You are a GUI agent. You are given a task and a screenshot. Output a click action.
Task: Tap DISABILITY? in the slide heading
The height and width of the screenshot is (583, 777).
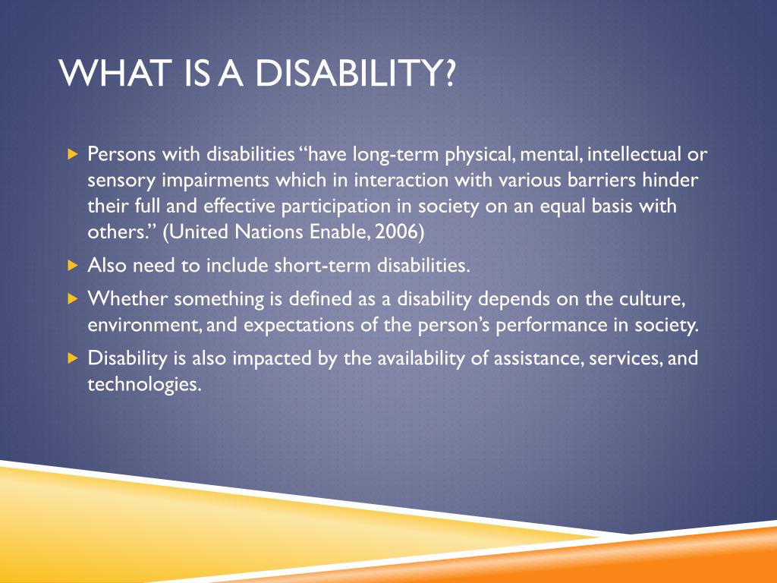point(355,73)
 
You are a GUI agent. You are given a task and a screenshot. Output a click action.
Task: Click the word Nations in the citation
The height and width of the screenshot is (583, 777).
point(269,232)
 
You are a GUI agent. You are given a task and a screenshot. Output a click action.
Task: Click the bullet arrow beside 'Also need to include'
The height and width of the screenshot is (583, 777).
point(74,266)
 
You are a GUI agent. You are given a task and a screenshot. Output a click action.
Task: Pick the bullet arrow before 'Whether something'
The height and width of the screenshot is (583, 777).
point(74,299)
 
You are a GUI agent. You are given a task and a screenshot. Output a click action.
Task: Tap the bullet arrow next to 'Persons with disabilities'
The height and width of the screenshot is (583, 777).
point(74,154)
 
